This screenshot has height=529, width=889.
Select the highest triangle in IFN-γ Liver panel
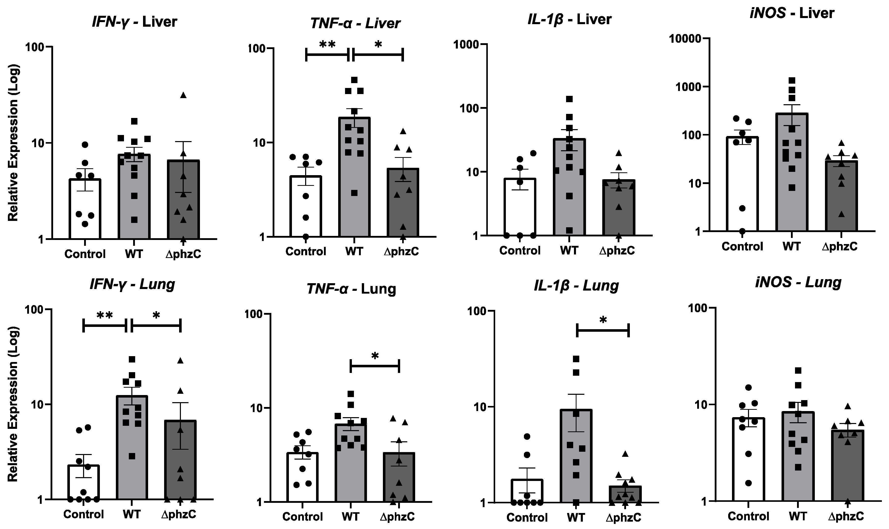pyautogui.click(x=183, y=95)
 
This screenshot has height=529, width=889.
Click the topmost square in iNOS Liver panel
pyautogui.click(x=792, y=81)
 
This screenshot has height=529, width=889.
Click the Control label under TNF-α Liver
pyautogui.click(x=306, y=252)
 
